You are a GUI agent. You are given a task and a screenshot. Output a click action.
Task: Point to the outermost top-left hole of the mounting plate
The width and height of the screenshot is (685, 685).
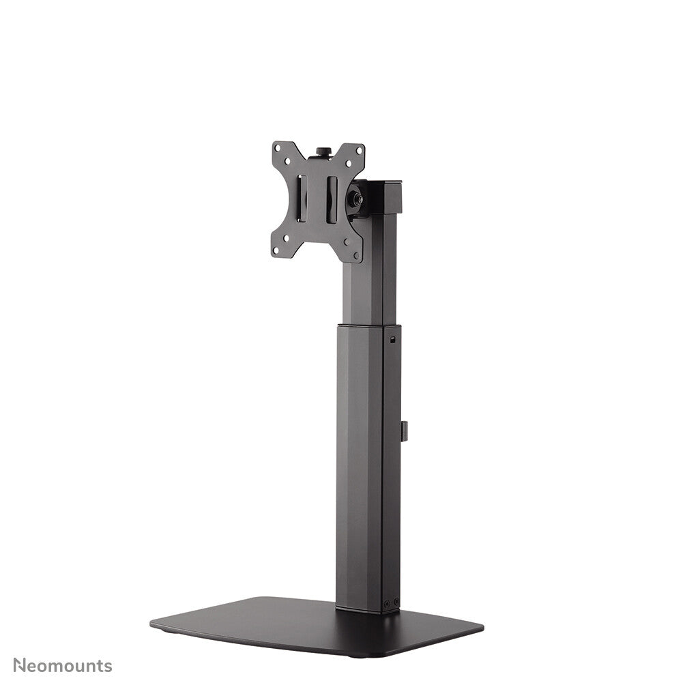[x=278, y=148]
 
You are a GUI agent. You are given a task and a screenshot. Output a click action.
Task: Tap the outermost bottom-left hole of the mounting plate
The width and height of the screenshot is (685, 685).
[x=276, y=249]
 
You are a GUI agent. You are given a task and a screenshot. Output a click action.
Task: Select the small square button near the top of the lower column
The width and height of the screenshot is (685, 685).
[x=392, y=339]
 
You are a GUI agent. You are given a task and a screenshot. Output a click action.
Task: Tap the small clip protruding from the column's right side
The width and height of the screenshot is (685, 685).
[x=404, y=431]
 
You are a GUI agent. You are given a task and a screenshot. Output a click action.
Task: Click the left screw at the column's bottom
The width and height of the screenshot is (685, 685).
[x=387, y=603]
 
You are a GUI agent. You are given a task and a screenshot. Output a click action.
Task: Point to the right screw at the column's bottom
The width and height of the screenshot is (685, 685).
[x=396, y=601]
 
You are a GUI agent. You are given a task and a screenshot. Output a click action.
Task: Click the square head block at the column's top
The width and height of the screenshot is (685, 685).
[x=385, y=196]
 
